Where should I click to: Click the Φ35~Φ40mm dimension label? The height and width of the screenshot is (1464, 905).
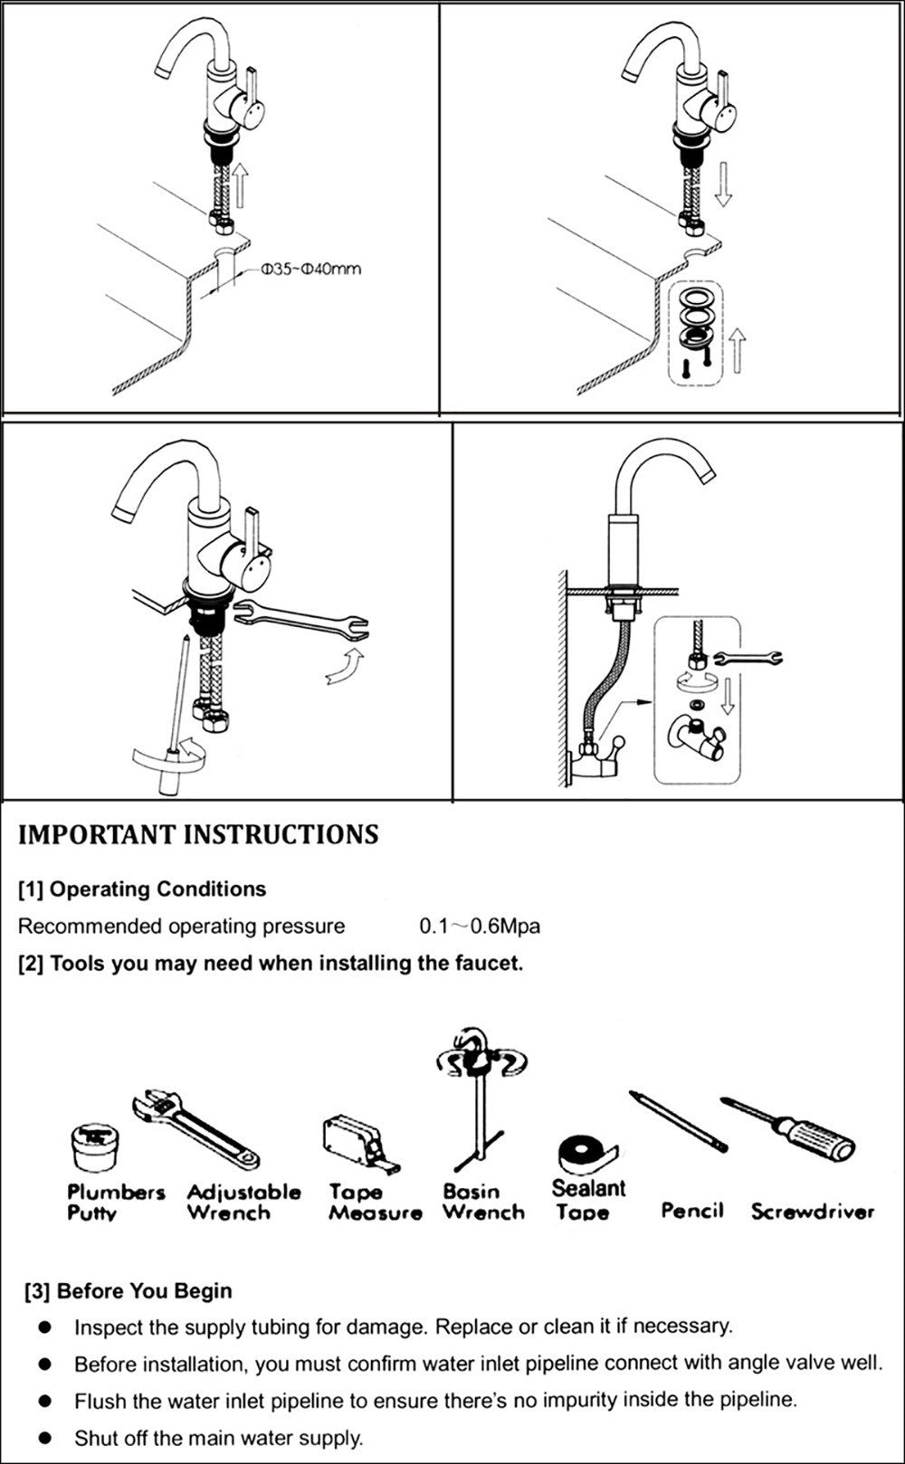click(310, 270)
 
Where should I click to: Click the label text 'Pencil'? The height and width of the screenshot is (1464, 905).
click(692, 1210)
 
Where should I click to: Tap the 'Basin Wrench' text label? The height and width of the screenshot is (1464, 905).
click(483, 1203)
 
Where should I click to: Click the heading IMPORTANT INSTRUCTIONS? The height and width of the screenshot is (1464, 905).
click(198, 834)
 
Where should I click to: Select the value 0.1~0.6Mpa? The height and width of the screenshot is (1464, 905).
click(480, 927)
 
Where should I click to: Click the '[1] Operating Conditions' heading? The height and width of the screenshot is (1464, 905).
click(142, 889)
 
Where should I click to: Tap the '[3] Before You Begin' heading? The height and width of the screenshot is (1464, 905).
click(129, 1291)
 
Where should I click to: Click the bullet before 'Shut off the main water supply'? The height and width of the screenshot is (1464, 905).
click(45, 1438)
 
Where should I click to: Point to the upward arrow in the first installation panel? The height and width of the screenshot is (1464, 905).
click(241, 186)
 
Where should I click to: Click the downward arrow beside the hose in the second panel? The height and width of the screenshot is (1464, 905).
click(722, 186)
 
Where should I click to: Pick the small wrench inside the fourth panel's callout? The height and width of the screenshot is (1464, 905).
click(748, 657)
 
